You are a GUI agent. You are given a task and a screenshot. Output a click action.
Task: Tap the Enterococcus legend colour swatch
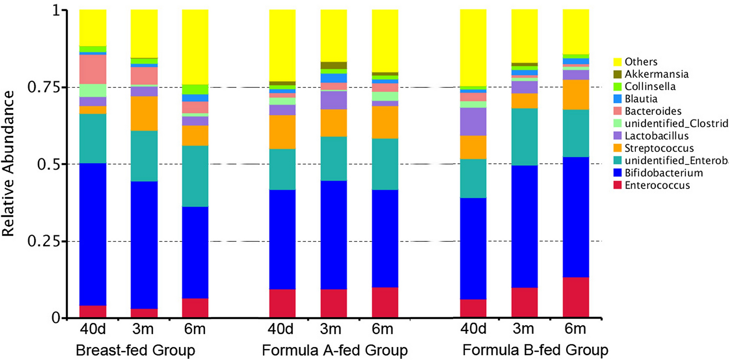[x=617, y=185]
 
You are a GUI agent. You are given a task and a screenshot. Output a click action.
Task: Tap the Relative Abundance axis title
[x=8, y=164]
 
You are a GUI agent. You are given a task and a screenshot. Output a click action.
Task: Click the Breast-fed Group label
[x=135, y=351]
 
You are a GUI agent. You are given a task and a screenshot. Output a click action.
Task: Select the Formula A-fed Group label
[x=335, y=351]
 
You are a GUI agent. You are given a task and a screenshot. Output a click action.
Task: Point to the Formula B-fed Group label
[x=535, y=351]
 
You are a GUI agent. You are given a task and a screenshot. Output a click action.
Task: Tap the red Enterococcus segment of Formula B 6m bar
[x=576, y=297]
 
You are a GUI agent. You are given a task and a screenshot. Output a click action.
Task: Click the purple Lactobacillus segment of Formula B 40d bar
[x=473, y=122]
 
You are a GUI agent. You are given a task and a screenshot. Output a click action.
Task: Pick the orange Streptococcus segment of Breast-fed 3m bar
[x=144, y=114]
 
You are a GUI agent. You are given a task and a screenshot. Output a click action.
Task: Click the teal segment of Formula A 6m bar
[x=385, y=164]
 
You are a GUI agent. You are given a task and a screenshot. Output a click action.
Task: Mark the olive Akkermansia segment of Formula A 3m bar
[x=334, y=65]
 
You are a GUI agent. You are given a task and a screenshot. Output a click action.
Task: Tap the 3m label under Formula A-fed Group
[x=331, y=330]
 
